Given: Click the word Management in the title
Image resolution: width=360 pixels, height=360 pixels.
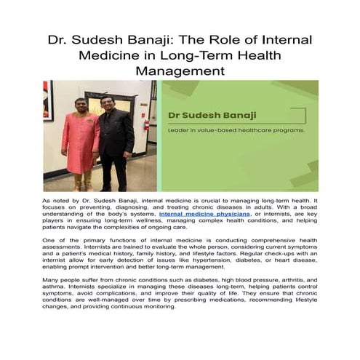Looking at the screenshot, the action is tap(180, 71).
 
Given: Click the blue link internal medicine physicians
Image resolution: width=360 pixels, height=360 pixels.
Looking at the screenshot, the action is tap(205, 215).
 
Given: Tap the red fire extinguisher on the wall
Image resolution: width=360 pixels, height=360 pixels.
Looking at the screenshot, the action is tap(146, 124).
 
